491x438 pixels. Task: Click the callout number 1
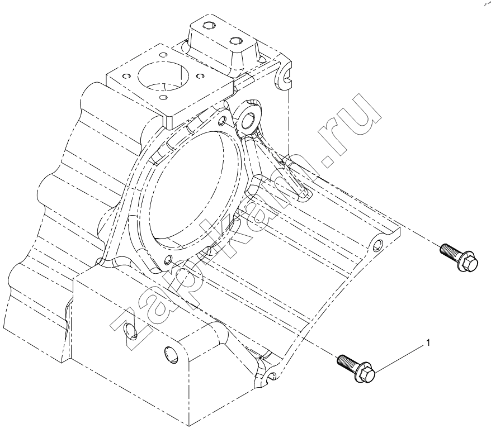pos(428,343)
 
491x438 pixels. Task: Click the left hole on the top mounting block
pos(208,25)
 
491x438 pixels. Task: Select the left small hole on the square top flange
pos(126,77)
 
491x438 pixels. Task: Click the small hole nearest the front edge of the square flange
pos(163,97)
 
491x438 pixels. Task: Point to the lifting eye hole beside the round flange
pos(249,119)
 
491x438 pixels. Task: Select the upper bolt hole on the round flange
pos(222,120)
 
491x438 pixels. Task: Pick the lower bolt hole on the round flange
pos(168,259)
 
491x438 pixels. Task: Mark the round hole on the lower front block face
pos(171,355)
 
